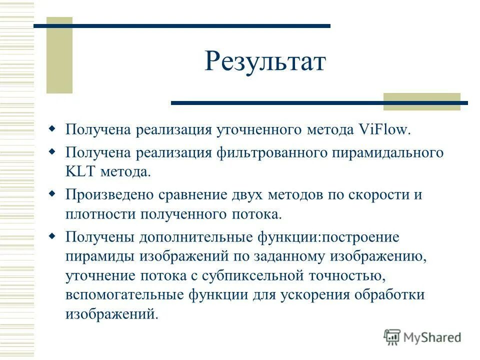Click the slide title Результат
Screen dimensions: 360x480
click(265, 62)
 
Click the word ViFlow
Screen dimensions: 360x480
click(384, 130)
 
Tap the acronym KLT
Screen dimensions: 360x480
click(81, 172)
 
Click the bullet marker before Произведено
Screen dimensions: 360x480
click(52, 193)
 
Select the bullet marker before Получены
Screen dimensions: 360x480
click(52, 235)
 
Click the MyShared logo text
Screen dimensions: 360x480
click(432, 337)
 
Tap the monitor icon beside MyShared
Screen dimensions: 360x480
click(392, 337)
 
